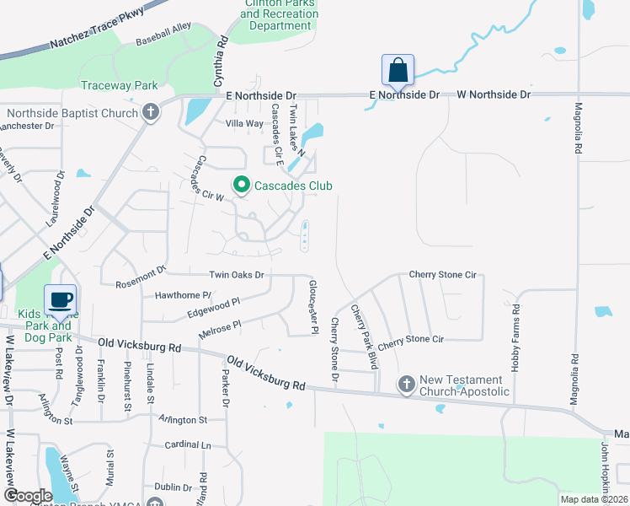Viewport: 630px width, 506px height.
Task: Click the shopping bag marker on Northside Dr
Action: (x=398, y=70)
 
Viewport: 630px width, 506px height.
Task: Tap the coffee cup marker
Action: (x=61, y=299)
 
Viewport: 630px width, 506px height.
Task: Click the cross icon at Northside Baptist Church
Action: (x=151, y=112)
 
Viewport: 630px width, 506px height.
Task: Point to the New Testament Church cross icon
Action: (x=406, y=385)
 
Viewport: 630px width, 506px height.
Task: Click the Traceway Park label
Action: (x=120, y=86)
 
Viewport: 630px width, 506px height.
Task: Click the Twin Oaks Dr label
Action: (x=237, y=275)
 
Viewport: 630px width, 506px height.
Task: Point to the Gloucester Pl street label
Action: (x=312, y=306)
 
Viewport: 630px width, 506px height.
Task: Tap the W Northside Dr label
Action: (x=494, y=94)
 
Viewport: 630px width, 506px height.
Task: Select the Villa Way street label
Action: (x=245, y=123)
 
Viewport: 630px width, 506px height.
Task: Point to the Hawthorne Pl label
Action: (x=183, y=295)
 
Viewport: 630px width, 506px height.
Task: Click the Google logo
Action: (x=28, y=496)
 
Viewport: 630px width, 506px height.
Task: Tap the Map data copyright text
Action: (x=594, y=499)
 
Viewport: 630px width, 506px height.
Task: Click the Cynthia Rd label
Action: (x=221, y=62)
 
